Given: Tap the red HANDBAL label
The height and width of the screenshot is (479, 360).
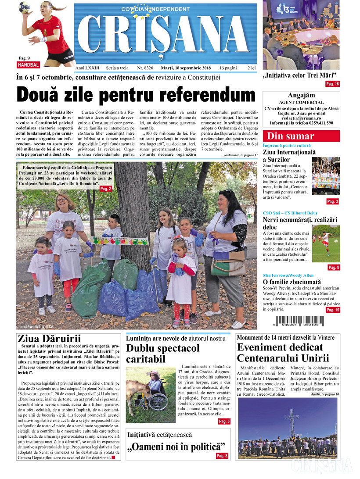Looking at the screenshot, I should pos(29,64).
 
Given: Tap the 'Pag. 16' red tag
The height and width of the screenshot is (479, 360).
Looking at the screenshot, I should pos(332,84).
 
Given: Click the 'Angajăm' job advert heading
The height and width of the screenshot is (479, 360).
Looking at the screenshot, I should pos(301,95).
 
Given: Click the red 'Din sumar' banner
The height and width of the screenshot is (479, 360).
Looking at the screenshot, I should pos(301,136).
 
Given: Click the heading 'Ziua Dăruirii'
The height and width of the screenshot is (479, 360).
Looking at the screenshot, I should pos(49,339).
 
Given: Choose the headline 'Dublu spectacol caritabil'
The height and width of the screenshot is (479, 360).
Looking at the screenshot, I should pos(162,354).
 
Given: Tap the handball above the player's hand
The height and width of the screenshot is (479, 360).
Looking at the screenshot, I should pos(25,6).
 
